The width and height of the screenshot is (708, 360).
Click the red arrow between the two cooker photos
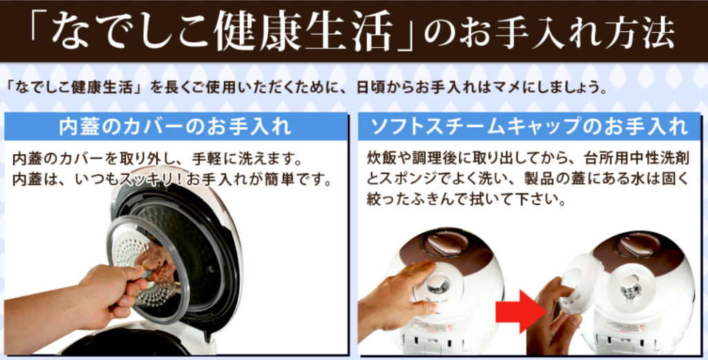pyautogui.click(x=519, y=311)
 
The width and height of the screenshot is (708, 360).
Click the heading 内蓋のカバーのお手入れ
pyautogui.click(x=175, y=126)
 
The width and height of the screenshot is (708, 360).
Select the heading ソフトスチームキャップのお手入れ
pyautogui.click(x=529, y=126)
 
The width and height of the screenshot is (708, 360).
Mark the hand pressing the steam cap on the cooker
pyautogui.click(x=398, y=296)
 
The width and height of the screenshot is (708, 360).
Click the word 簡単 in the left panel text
pyautogui.click(x=282, y=180)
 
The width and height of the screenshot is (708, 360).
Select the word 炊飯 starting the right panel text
pyautogui.click(x=381, y=158)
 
